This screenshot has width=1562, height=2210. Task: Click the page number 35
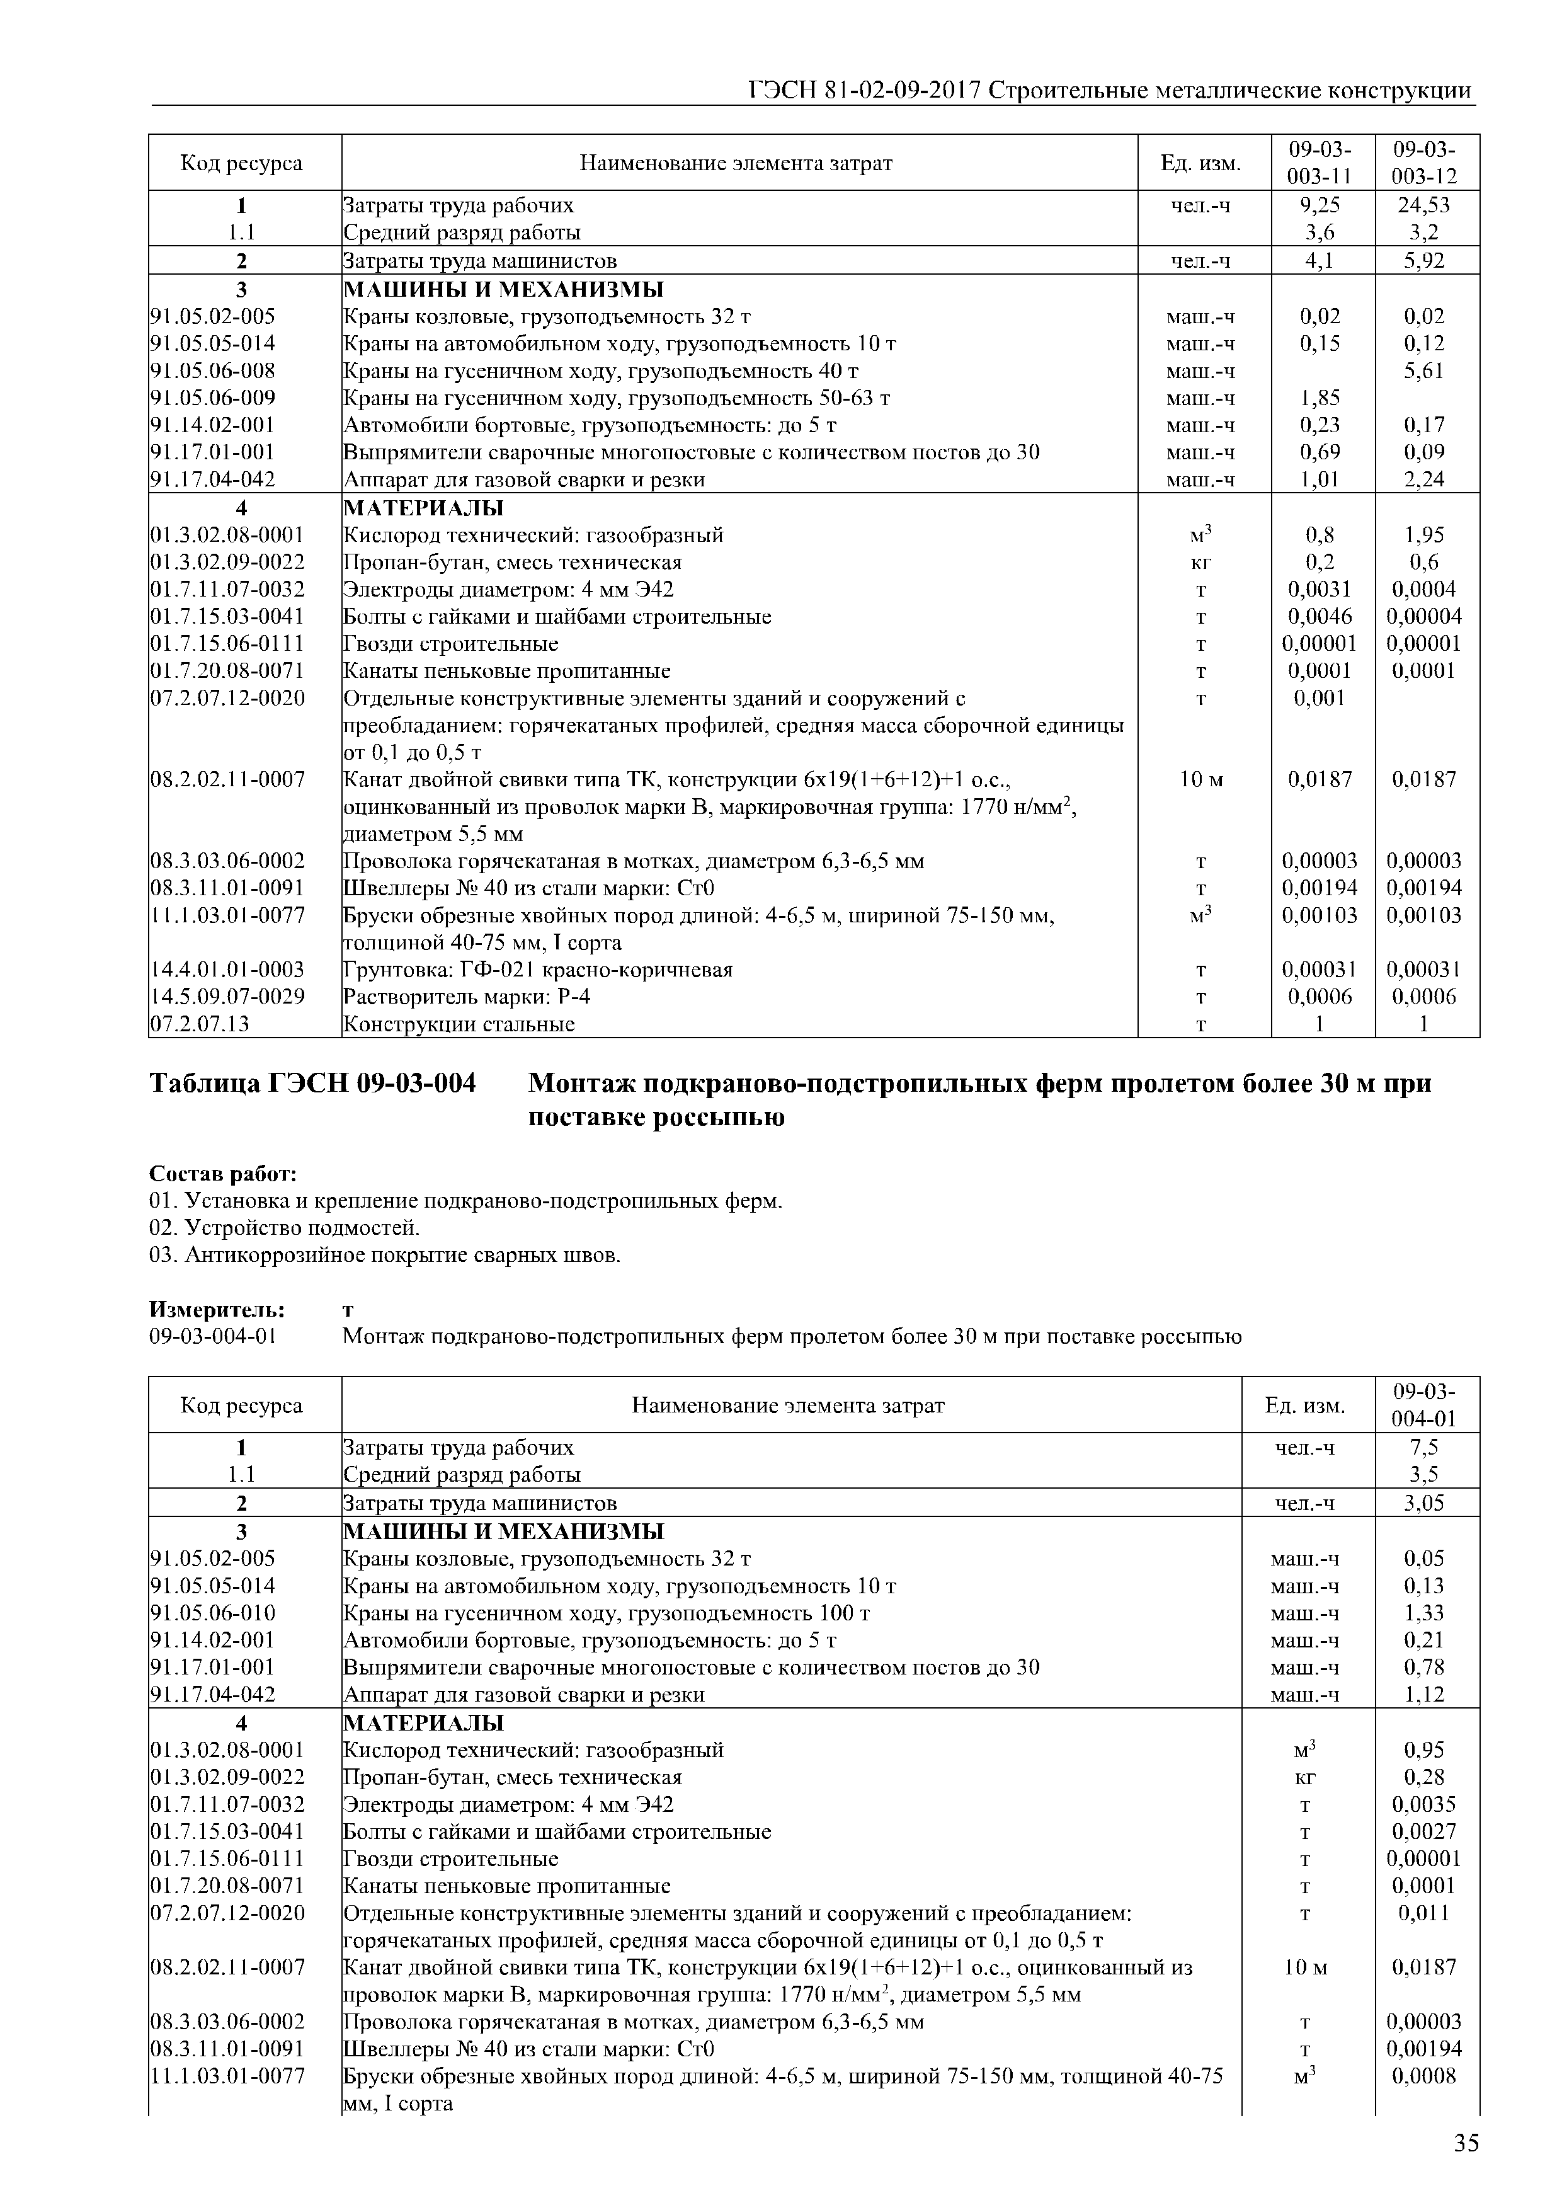1466,2144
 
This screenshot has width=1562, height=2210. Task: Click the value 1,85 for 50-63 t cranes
1320,398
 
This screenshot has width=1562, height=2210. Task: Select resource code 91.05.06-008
213,370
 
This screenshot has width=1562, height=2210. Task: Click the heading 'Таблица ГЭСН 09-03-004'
313,1084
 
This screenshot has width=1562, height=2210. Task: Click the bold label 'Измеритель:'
217,1309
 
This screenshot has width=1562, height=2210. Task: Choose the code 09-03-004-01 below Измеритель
213,1336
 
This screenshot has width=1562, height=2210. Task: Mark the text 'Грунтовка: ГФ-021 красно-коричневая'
538,970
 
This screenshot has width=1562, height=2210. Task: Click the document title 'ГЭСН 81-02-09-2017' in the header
864,91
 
